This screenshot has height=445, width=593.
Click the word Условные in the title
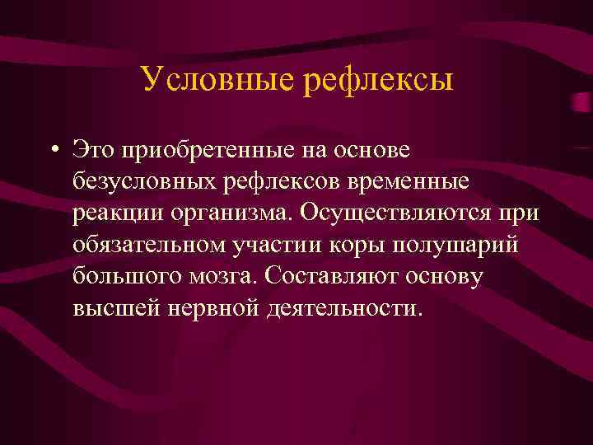217,80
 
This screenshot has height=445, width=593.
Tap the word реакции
117,212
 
